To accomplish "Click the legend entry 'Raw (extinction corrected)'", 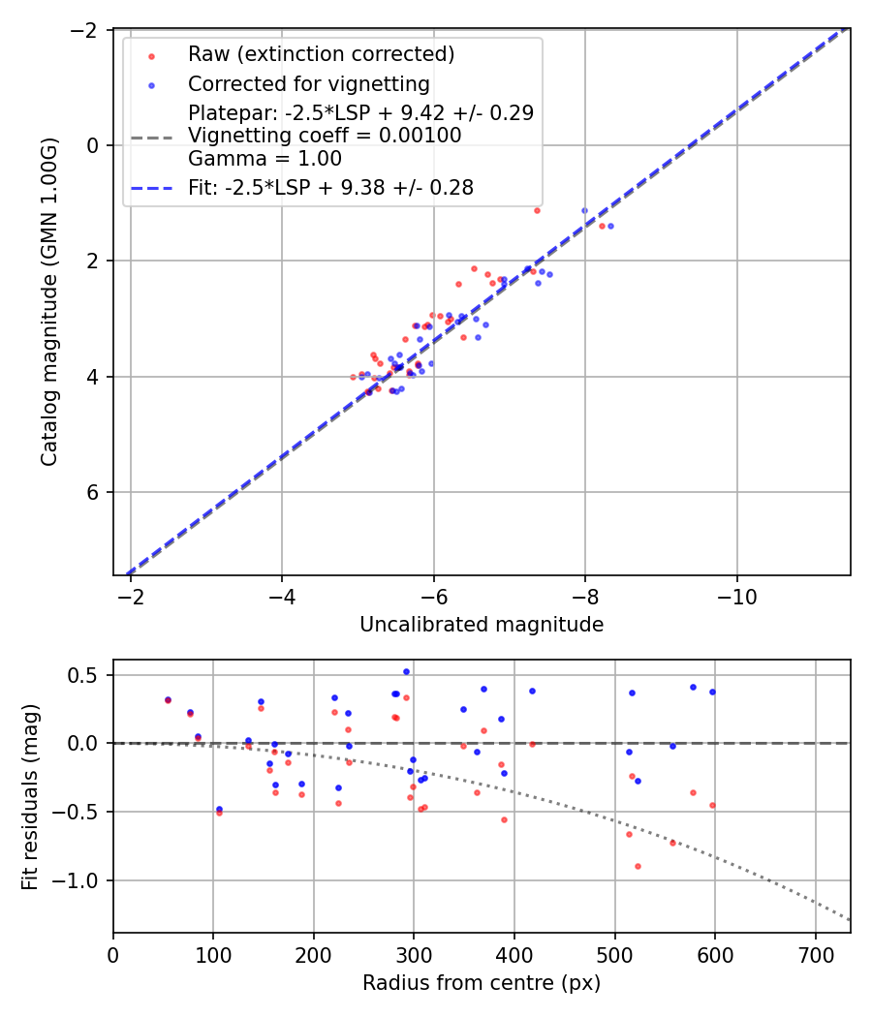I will click(322, 53).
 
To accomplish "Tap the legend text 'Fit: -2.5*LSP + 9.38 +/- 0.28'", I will click(330, 188).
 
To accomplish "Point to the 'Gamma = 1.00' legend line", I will click(265, 159).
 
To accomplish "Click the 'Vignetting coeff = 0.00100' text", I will click(325, 136).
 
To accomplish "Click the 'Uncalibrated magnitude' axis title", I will click(482, 625).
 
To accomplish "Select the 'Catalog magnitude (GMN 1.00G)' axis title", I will click(49, 302).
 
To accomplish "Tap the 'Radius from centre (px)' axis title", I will click(482, 983).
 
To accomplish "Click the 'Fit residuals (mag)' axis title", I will click(30, 796).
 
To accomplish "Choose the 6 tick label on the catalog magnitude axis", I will click(94, 492).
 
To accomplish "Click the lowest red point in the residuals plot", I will click(638, 866).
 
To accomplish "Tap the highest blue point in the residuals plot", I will click(406, 671).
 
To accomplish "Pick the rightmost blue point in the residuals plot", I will click(712, 692).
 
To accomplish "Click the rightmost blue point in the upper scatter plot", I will click(610, 226).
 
